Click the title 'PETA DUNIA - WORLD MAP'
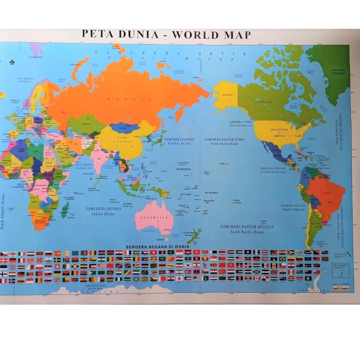166,34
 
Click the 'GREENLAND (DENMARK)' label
338,72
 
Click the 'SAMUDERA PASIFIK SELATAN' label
247,227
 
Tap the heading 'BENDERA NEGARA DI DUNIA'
158,246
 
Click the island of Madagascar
65,210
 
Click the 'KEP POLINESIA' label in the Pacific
211,192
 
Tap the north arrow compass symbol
12,61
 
